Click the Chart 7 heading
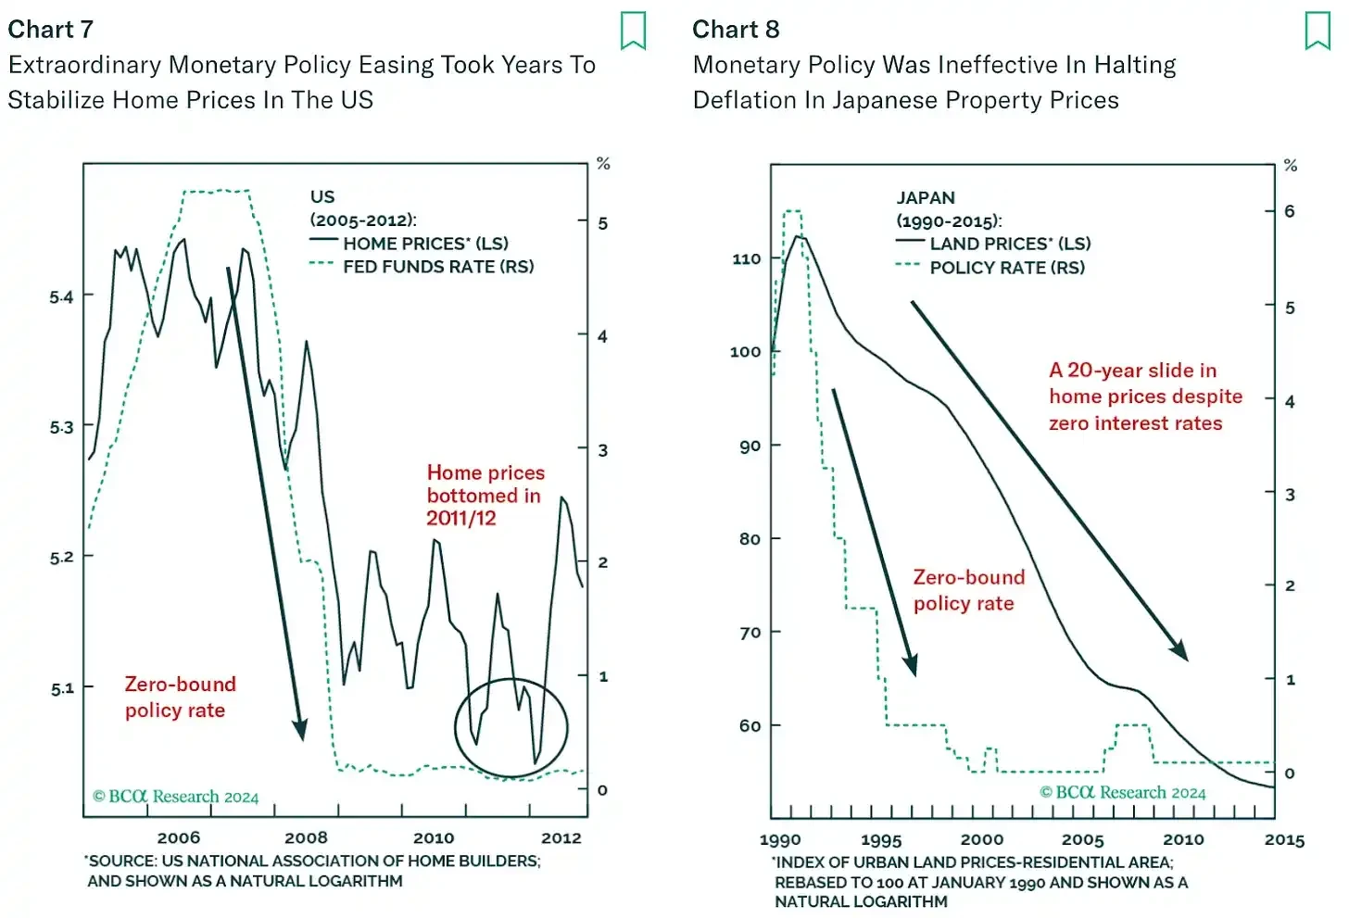pyautogui.click(x=51, y=30)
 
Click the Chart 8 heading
pyautogui.click(x=736, y=30)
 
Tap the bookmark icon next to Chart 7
pyautogui.click(x=633, y=31)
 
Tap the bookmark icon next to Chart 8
pyautogui.click(x=1317, y=31)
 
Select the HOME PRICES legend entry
pyautogui.click(x=424, y=244)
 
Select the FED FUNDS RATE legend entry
pyautogui.click(x=437, y=267)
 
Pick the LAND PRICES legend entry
pyautogui.click(x=1009, y=244)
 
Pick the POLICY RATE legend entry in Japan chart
pyautogui.click(x=1006, y=268)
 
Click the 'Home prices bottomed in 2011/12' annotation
pyautogui.click(x=485, y=496)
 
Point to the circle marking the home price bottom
pyautogui.click(x=511, y=727)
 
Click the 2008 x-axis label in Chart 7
pyautogui.click(x=306, y=838)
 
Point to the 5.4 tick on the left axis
pyautogui.click(x=61, y=297)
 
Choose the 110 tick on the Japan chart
pyautogui.click(x=746, y=258)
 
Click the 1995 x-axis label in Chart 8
pyautogui.click(x=880, y=840)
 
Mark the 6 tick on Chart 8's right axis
pyautogui.click(x=1289, y=211)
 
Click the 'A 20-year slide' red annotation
pyautogui.click(x=1144, y=396)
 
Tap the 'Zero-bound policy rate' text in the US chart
pyautogui.click(x=180, y=697)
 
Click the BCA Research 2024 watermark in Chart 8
pyautogui.click(x=1122, y=793)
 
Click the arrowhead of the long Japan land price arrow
pyautogui.click(x=1180, y=652)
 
